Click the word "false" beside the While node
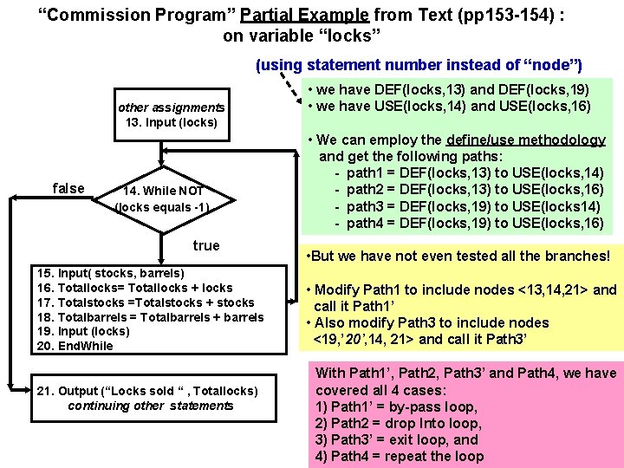click(68, 189)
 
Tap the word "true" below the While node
click(206, 245)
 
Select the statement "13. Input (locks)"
click(172, 122)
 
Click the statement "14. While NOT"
click(162, 191)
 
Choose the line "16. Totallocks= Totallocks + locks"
click(134, 288)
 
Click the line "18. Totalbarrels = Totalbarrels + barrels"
click(150, 317)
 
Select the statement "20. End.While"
click(75, 346)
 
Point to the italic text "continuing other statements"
click(151, 406)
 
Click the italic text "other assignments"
click(171, 107)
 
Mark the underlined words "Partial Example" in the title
click(306, 15)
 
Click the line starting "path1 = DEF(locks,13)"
click(474, 172)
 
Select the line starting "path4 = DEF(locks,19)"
click(474, 223)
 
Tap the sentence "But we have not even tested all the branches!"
click(460, 256)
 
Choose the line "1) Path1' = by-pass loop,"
click(396, 406)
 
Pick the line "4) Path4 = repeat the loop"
click(400, 456)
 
